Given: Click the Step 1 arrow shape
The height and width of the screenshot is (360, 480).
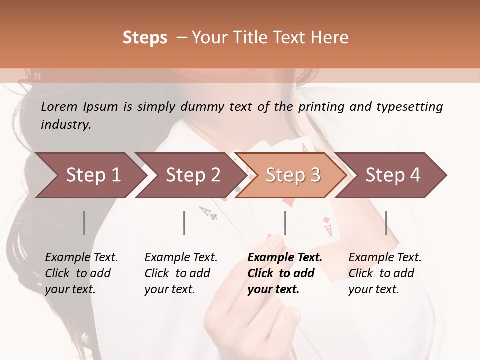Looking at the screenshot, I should (x=90, y=175).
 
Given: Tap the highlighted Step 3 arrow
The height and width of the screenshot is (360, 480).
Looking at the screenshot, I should (x=292, y=175).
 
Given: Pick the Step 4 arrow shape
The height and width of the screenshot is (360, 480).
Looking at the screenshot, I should (x=392, y=175).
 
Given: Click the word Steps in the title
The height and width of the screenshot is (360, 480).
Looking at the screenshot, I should (x=145, y=38).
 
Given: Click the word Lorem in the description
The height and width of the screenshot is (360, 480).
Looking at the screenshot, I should (x=59, y=107).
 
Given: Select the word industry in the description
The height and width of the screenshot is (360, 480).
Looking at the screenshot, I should (x=66, y=125).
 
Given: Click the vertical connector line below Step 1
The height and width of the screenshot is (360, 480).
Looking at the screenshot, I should (x=84, y=223).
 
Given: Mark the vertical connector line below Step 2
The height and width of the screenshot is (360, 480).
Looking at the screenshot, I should (x=184, y=223).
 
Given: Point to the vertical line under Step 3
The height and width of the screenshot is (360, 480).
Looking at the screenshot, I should (x=285, y=223).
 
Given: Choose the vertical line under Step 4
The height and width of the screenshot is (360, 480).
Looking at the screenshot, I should (x=386, y=223).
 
